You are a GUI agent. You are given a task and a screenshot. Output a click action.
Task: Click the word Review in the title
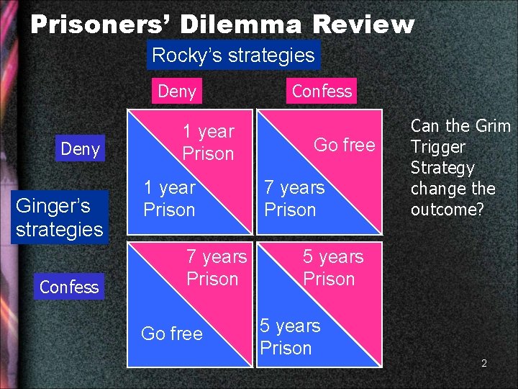(363, 25)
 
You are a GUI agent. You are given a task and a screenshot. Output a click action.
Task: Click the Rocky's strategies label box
(233, 55)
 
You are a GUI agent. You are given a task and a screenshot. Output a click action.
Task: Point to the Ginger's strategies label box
(59, 217)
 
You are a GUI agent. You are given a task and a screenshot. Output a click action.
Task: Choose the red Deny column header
(176, 91)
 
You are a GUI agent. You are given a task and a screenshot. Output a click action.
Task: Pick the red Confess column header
(322, 91)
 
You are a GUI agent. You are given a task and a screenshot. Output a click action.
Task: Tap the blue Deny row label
(80, 149)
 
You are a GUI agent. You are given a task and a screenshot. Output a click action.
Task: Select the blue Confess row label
(69, 287)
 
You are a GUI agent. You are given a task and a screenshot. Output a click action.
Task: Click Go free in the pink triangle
(345, 145)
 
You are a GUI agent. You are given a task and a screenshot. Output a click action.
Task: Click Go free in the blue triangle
(172, 333)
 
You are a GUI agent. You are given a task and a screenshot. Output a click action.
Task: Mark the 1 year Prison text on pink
(208, 142)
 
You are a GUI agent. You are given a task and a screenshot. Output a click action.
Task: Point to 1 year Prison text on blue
(169, 198)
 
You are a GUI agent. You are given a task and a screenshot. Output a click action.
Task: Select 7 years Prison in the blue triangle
(294, 198)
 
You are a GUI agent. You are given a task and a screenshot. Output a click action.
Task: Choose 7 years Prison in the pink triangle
(216, 267)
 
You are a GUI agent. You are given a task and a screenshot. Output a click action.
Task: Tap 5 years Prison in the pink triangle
(332, 267)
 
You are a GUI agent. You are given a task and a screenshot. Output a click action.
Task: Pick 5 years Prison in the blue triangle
(289, 336)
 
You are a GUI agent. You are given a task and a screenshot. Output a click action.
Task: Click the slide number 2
(484, 363)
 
